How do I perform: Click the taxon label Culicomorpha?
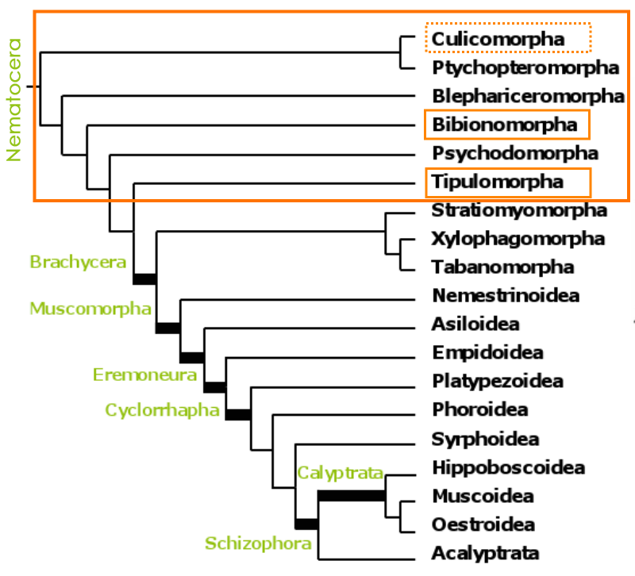[x=498, y=38]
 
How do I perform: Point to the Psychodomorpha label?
[x=515, y=153]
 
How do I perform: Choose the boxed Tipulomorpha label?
[x=498, y=182]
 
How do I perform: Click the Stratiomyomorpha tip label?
[x=520, y=210]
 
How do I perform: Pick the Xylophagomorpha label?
[x=518, y=239]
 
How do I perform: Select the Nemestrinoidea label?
[x=506, y=296]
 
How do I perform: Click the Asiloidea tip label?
[x=476, y=324]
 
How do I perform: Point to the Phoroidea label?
[x=480, y=410]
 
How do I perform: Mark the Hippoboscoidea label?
[x=509, y=467]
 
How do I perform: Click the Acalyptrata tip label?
[x=486, y=553]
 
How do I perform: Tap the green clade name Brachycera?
[x=78, y=262]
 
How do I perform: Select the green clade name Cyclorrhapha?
[x=162, y=409]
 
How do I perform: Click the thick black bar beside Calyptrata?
[x=352, y=496]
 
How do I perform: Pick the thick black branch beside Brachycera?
[x=145, y=278]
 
